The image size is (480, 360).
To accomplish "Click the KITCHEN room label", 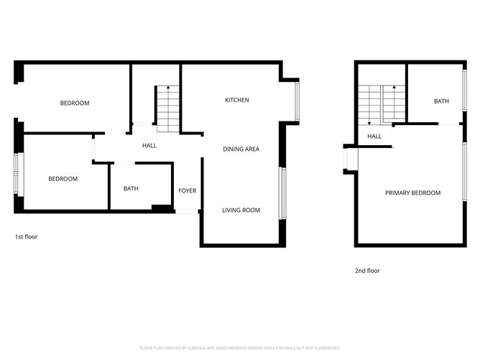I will [x=237, y=100].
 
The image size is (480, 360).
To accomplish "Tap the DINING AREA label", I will [x=241, y=149].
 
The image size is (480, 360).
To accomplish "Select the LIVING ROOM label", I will [x=241, y=210].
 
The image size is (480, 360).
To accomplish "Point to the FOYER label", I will [x=188, y=190].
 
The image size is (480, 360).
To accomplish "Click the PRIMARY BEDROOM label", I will [x=412, y=193].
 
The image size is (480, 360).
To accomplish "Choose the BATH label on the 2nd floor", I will [x=441, y=101].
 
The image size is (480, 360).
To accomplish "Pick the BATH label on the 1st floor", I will [x=131, y=189].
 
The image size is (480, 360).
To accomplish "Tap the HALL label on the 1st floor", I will [x=149, y=145].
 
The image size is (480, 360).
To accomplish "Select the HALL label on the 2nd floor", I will [x=374, y=136].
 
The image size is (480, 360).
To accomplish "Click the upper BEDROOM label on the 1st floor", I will [x=75, y=103].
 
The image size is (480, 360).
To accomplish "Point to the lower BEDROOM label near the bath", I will [x=63, y=179].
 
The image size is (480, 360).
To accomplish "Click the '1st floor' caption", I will [x=26, y=236].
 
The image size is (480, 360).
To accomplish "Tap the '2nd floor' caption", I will [x=367, y=271].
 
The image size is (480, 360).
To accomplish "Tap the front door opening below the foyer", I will [x=187, y=211].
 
